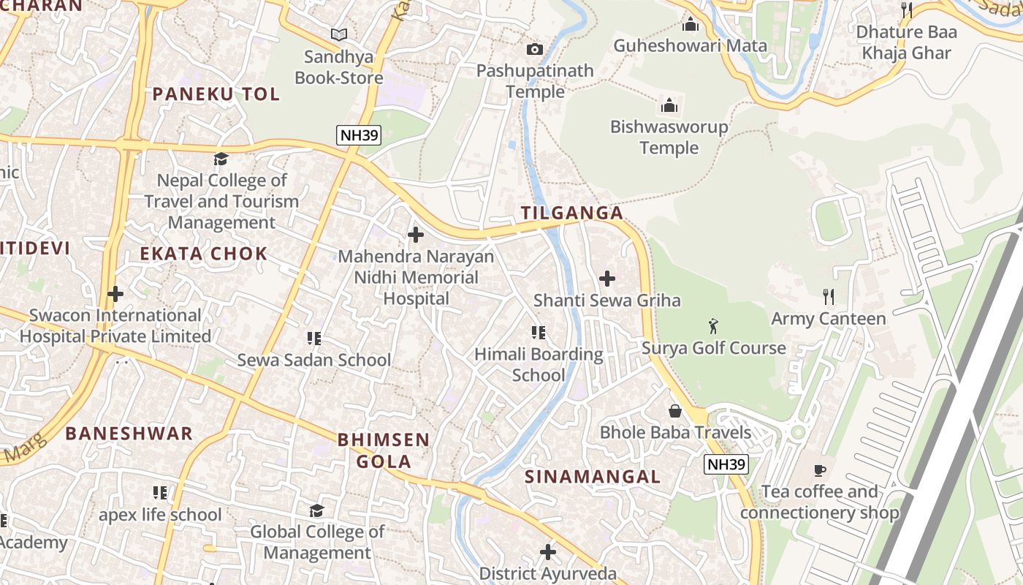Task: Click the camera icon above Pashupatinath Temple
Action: point(535,49)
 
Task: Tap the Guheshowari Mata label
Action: point(690,45)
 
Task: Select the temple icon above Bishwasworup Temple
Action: point(669,105)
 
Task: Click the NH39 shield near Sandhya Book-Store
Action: point(359,135)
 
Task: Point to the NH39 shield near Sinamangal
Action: point(726,464)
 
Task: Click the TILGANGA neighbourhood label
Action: point(572,213)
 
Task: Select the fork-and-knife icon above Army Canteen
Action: point(828,296)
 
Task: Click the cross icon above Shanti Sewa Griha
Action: point(606,279)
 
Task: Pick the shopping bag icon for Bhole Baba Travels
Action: point(675,411)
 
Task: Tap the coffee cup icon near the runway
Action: point(820,469)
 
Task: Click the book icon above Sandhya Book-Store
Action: point(338,34)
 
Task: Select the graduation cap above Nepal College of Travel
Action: point(221,159)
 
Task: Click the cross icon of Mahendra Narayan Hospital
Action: point(415,235)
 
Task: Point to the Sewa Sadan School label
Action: point(314,360)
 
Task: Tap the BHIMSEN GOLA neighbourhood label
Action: point(383,450)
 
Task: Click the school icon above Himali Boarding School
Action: point(539,333)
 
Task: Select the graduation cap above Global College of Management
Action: point(316,510)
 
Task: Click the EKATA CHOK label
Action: point(203,254)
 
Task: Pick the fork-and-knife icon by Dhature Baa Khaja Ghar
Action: point(906,10)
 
